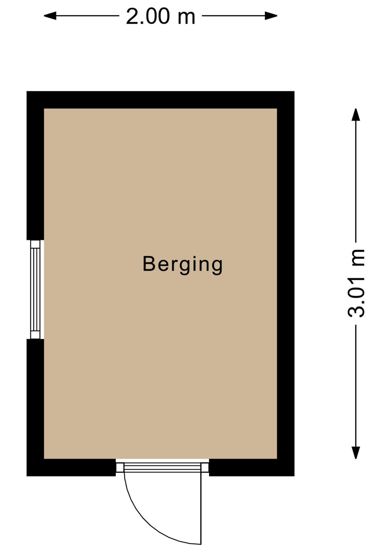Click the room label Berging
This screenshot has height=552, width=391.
pyautogui.click(x=183, y=265)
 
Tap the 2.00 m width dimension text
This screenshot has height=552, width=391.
pyautogui.click(x=161, y=16)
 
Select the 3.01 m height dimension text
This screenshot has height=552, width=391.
pyautogui.click(x=356, y=283)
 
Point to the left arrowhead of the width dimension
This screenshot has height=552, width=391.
pyautogui.click(x=50, y=16)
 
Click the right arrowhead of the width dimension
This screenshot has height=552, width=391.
pyautogui.click(x=271, y=16)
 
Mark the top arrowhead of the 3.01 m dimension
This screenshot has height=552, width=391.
pyautogui.click(x=356, y=115)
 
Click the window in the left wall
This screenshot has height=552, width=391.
pyautogui.click(x=35, y=290)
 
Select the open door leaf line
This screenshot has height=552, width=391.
pyautogui.click(x=201, y=508)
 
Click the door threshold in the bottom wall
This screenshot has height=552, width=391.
pyautogui.click(x=162, y=467)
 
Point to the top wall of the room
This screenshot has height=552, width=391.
pyautogui.click(x=160, y=100)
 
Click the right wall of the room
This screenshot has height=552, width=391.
pyautogui.click(x=286, y=283)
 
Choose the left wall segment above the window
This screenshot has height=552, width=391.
pyautogui.click(x=35, y=166)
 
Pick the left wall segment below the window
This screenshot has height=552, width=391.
pyautogui.click(x=35, y=407)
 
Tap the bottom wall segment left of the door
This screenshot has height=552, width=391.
pyautogui.click(x=71, y=467)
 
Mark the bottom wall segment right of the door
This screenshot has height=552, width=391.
pyautogui.click(x=252, y=467)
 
